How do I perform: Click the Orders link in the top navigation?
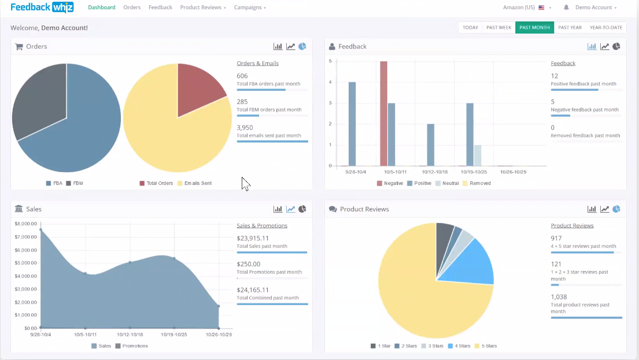132,8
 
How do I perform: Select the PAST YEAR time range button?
570,27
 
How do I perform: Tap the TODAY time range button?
470,27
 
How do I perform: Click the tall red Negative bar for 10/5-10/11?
383,114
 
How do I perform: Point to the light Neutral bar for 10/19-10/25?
478,155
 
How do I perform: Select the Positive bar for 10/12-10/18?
431,145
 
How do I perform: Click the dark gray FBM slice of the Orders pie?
39,100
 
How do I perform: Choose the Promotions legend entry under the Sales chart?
132,346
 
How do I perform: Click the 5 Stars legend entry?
486,346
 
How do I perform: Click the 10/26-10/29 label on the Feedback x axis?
513,172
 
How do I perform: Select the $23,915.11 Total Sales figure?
253,238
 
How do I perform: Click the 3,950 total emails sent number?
245,128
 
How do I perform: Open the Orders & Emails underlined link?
257,63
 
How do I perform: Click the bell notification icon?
566,8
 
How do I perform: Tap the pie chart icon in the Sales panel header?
302,209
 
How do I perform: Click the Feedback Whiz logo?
42,8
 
